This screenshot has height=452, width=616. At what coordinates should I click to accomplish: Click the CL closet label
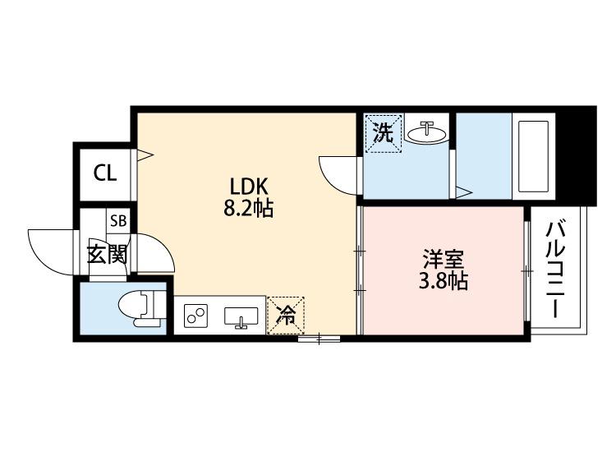104,173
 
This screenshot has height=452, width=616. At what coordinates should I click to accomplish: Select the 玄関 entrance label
108,253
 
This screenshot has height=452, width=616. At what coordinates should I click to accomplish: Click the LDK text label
246,186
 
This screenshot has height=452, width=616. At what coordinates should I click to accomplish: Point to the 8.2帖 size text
247,209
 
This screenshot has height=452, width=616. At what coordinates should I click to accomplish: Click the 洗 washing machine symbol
384,133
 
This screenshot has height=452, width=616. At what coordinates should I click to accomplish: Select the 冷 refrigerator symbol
285,314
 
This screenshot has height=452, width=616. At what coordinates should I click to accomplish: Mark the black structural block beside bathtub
583,156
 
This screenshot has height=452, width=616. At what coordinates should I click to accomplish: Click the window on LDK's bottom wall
319,336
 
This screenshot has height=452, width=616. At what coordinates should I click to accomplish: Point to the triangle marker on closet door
145,153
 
